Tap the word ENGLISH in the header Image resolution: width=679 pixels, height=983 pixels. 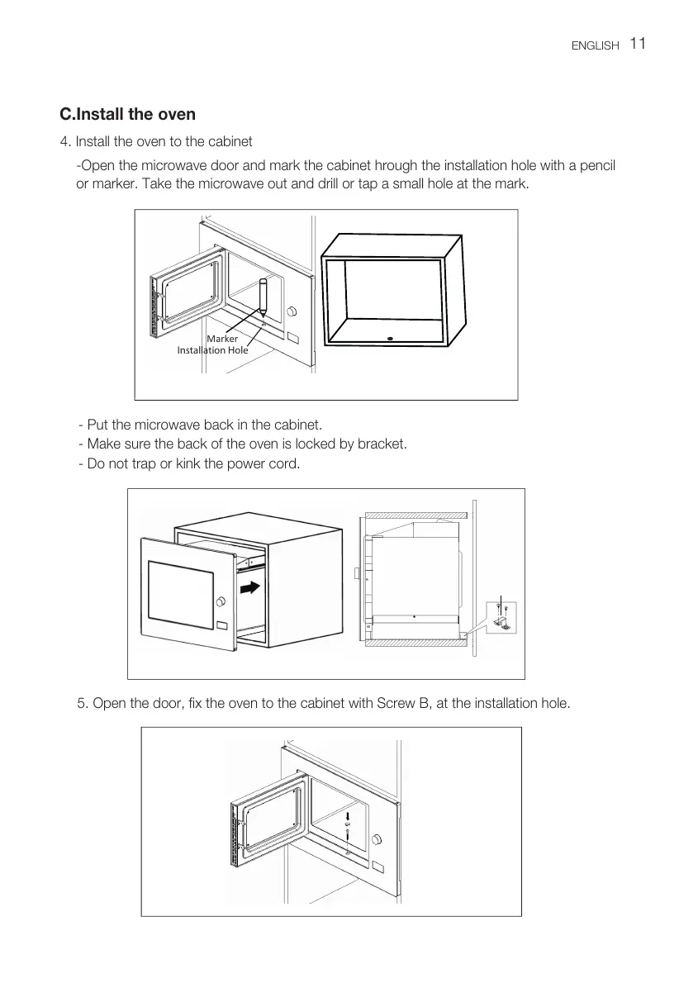595,46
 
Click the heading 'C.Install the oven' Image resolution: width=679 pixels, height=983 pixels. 127,113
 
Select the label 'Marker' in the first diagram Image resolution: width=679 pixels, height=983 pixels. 222,339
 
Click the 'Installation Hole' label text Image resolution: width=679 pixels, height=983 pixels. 212,350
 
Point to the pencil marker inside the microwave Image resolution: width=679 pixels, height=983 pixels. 263,297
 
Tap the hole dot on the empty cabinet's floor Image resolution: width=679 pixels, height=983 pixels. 389,337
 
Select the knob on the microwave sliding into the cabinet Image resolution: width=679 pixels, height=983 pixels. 220,601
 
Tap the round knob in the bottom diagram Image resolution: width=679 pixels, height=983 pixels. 377,840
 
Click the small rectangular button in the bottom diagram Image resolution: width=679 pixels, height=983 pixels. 378,867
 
